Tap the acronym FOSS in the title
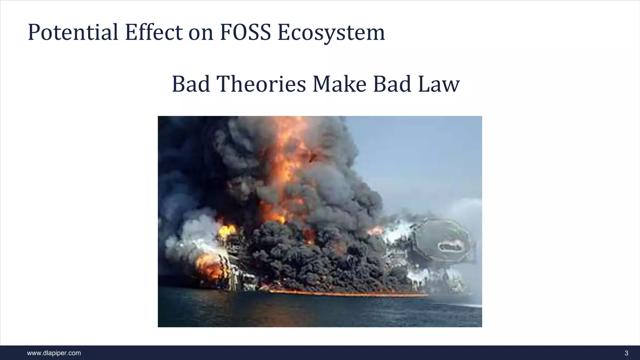pyautogui.click(x=245, y=32)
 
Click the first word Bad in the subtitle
pyautogui.click(x=191, y=84)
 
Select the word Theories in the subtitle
pyautogui.click(x=261, y=84)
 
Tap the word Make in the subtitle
pyautogui.click(x=339, y=84)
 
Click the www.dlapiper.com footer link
pyautogui.click(x=54, y=353)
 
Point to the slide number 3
pyautogui.click(x=626, y=353)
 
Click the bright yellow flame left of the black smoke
pyautogui.click(x=227, y=231)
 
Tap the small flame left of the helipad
pyautogui.click(x=375, y=231)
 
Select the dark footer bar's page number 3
pyautogui.click(x=626, y=353)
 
